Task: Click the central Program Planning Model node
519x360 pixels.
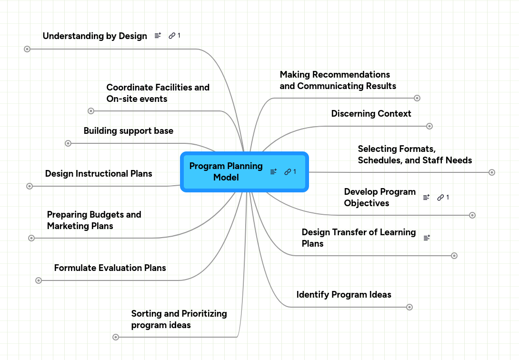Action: [x=226, y=172]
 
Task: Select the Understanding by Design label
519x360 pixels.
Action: [x=95, y=36]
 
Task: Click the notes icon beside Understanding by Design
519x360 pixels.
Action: [x=158, y=36]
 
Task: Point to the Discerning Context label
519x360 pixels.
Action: [x=371, y=114]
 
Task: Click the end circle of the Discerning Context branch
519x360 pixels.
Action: [x=429, y=126]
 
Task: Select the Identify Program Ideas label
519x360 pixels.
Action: [x=343, y=295]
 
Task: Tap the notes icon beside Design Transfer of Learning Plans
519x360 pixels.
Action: [x=427, y=237]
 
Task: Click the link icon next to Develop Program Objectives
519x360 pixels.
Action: [x=440, y=197]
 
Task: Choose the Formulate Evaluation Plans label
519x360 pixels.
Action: [x=110, y=268]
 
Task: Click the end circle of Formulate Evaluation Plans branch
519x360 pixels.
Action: [x=39, y=280]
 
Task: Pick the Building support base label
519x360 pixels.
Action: [x=128, y=131]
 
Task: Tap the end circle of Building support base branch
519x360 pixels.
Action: [x=68, y=143]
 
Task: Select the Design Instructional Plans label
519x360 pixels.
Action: [x=99, y=174]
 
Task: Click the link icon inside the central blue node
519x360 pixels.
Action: [x=288, y=172]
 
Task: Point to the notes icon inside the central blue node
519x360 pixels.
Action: [x=273, y=172]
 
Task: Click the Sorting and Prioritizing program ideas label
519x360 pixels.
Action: [x=179, y=320]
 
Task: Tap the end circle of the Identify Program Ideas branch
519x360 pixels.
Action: [x=409, y=307]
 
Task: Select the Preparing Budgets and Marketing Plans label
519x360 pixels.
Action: [x=94, y=220]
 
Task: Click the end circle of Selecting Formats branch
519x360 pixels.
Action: [x=492, y=172]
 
